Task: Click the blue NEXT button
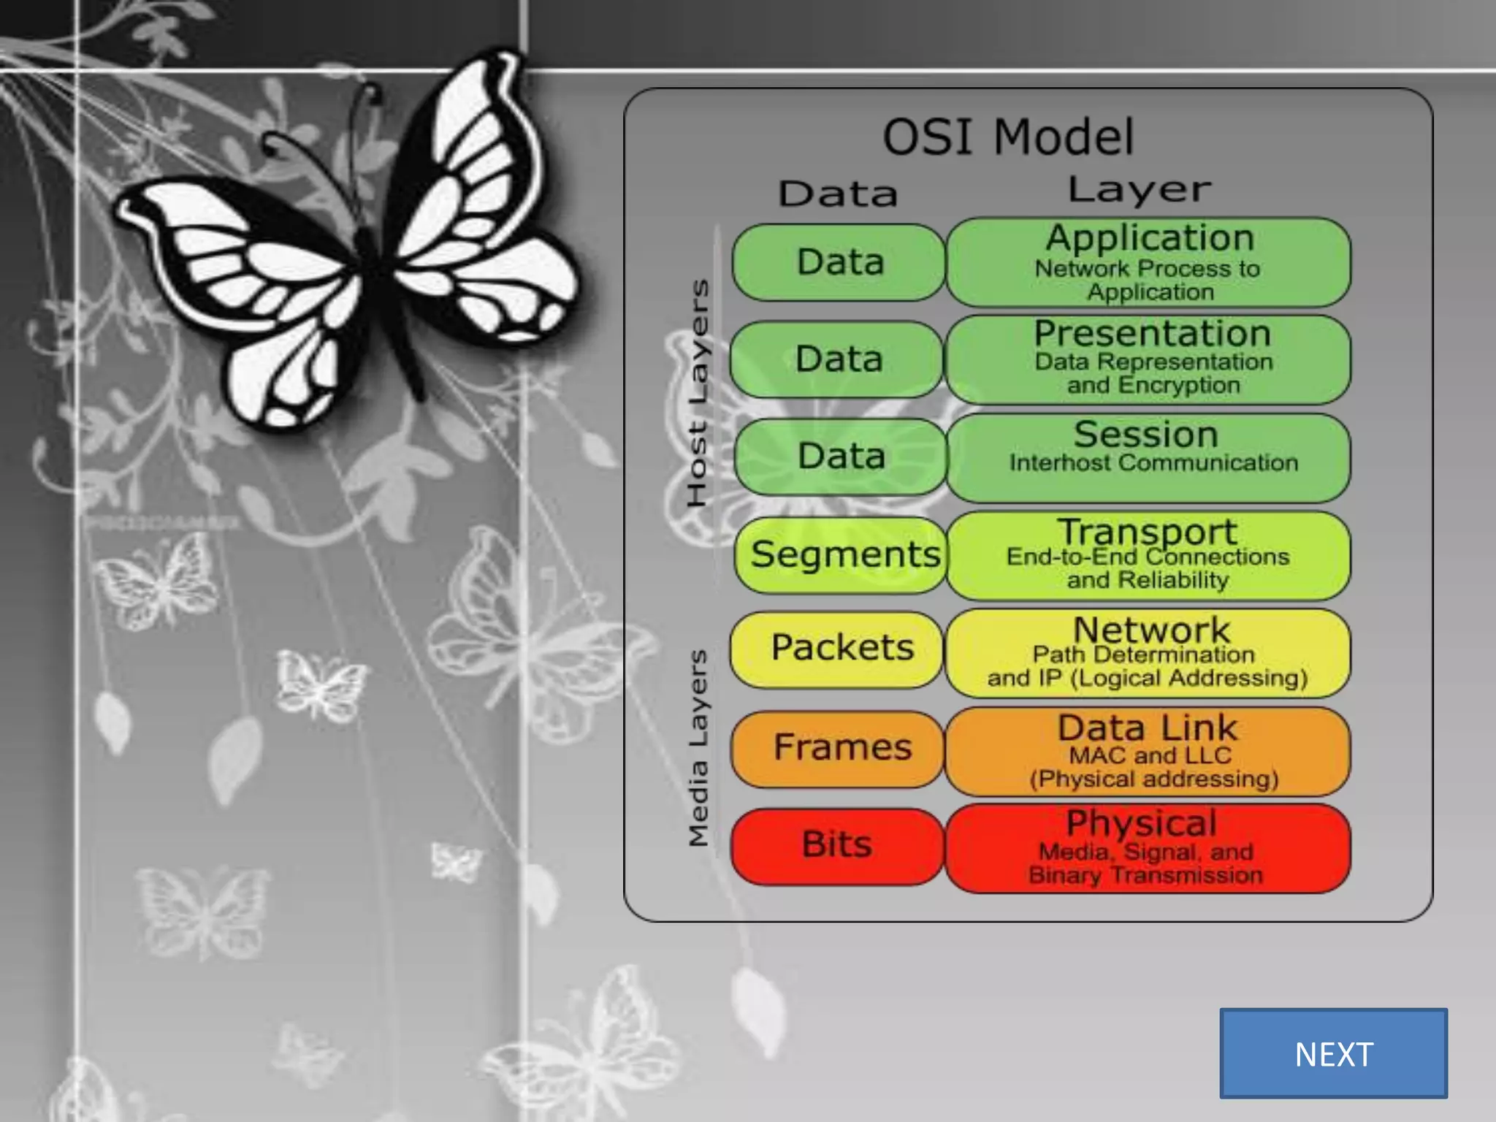[1333, 1053]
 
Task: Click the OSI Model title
[1008, 137]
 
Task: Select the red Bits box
[837, 845]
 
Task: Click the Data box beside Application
[839, 262]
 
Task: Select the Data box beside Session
[840, 457]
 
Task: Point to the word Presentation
[1152, 335]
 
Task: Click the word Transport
[1147, 531]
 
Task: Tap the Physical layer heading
[1141, 823]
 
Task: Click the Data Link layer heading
[1147, 728]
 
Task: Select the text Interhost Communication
[1153, 463]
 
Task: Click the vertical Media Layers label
[698, 748]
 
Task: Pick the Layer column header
[1139, 190]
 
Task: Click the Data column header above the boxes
[838, 194]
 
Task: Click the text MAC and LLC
[1150, 755]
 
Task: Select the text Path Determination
[1143, 654]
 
